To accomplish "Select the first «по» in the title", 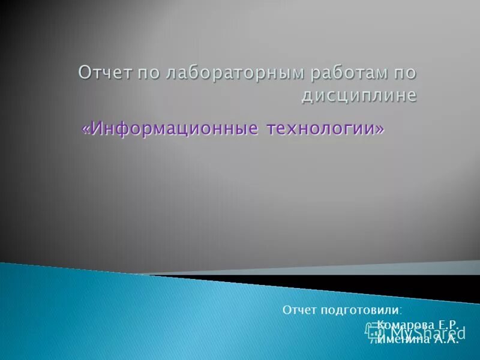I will pos(148,74).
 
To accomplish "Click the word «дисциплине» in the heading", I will pos(358,95).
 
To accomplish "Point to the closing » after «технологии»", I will pos(379,129).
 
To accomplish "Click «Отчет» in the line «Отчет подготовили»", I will pos(298,310).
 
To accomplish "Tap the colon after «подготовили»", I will pos(401,311).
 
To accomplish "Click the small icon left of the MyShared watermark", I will pos(373,331).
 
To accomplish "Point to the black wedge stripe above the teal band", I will pos(360,279).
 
